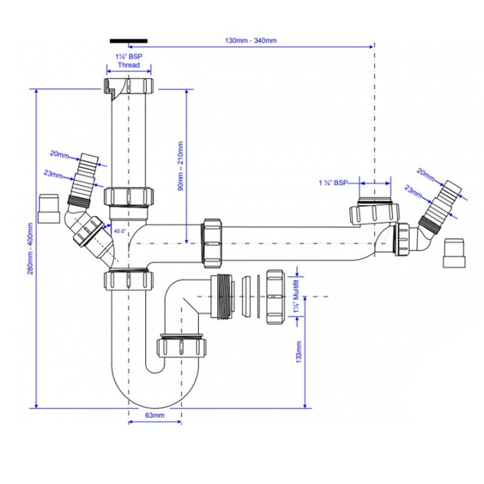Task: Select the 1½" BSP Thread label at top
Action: coord(128,61)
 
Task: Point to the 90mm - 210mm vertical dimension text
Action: coord(179,166)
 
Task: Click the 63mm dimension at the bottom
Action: coord(155,415)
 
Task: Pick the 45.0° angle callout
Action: coord(119,231)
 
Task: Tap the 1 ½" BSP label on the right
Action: coord(333,181)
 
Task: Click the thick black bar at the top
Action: coord(128,41)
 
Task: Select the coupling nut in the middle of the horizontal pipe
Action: coord(212,242)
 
